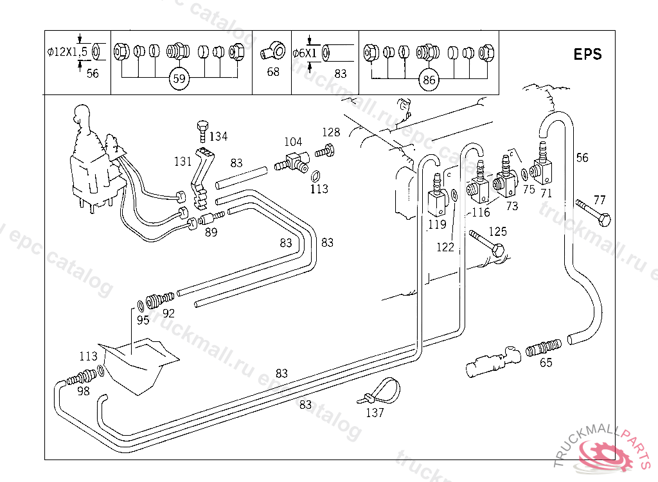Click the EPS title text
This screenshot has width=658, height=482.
click(x=587, y=54)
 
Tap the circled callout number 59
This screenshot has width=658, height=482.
click(x=179, y=80)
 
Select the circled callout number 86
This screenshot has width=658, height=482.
click(x=429, y=80)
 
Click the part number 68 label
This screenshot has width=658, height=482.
click(x=273, y=72)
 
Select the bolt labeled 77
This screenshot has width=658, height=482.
click(x=594, y=211)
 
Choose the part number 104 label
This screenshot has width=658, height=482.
click(x=293, y=141)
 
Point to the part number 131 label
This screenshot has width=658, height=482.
click(x=184, y=161)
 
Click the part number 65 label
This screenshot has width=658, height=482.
click(x=546, y=362)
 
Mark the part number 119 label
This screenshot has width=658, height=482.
click(x=437, y=225)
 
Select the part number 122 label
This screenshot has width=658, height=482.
click(x=445, y=247)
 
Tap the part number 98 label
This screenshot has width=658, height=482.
click(x=84, y=391)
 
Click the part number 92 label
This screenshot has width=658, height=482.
click(x=168, y=314)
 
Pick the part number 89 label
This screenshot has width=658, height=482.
click(x=211, y=233)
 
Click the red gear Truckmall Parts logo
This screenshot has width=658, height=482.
click(x=606, y=454)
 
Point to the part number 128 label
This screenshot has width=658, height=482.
click(x=331, y=132)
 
